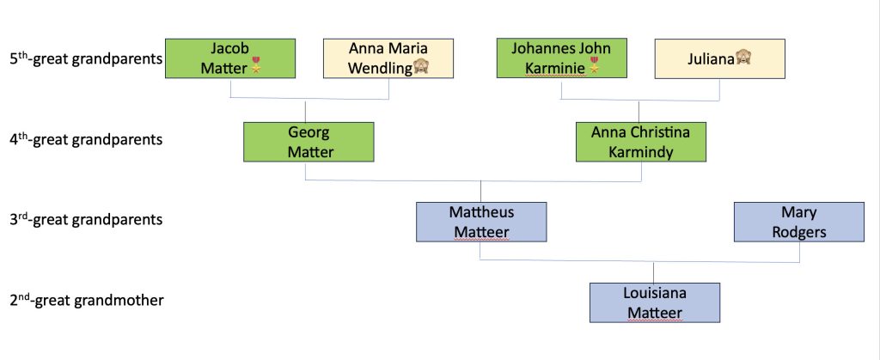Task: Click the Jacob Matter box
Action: (230, 58)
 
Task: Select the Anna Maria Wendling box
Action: (388, 58)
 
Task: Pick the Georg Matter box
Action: (309, 142)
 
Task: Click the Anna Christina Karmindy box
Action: (641, 142)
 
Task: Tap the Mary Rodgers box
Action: (799, 222)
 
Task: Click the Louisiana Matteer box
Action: (655, 302)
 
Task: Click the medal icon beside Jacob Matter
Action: (254, 67)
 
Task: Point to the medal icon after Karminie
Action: (592, 67)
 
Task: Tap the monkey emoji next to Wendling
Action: (422, 67)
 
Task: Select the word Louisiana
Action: (655, 293)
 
